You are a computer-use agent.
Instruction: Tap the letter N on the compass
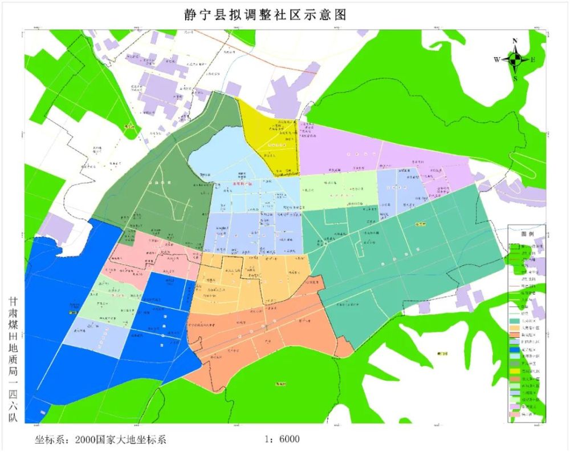pos(515,41)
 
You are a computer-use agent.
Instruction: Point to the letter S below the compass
pos(515,78)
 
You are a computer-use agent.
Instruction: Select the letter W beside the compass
pos(497,59)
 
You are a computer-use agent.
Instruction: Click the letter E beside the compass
pos(533,59)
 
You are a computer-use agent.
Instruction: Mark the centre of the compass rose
pos(515,59)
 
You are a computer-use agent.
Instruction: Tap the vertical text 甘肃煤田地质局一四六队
pos(14,359)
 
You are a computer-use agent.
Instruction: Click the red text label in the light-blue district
pos(245,183)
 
